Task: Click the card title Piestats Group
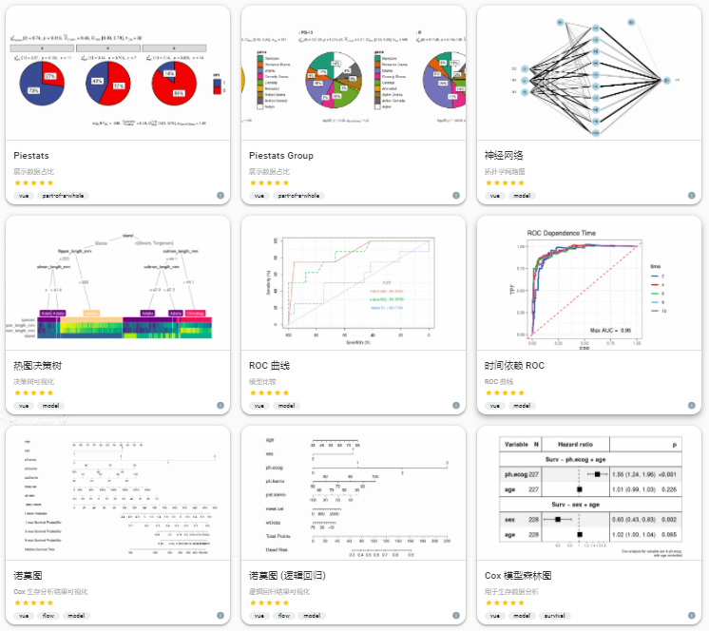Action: [280, 156]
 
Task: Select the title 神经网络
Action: [504, 156]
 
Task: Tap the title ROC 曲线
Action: [272, 366]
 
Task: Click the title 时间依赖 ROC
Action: [514, 366]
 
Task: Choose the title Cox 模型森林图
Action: [519, 576]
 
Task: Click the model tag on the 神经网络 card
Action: [522, 196]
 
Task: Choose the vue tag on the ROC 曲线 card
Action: [259, 406]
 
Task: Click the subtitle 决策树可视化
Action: [37, 381]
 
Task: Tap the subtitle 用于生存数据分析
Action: [511, 591]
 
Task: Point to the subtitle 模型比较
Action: [264, 381]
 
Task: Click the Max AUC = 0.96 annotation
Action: [611, 331]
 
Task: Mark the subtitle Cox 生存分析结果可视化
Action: [56, 591]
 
